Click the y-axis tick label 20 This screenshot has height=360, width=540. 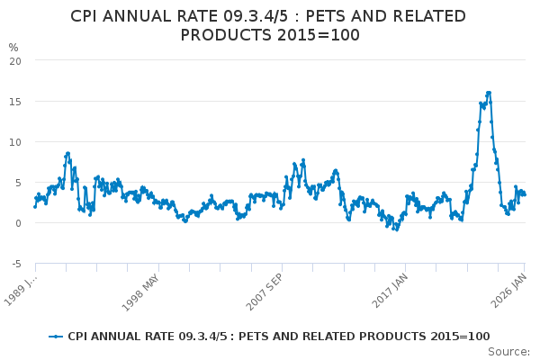(16, 60)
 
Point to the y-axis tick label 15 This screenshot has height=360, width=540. (16, 101)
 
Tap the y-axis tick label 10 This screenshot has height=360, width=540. (16, 141)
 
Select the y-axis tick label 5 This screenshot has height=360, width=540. (19, 182)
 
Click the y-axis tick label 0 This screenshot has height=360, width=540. (19, 223)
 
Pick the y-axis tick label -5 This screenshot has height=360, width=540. (17, 264)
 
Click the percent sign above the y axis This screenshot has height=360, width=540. (13, 47)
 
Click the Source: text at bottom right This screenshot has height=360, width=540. (509, 351)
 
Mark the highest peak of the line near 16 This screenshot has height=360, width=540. (489, 92)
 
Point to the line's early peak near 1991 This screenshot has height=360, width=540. (67, 153)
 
